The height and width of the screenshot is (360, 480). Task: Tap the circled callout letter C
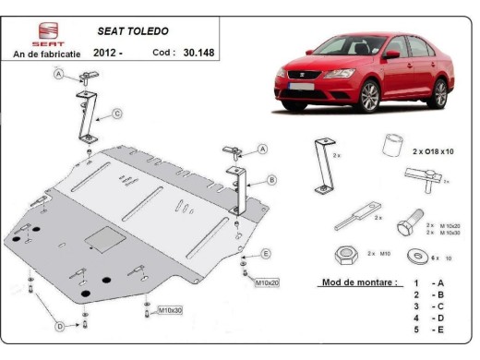[117, 114]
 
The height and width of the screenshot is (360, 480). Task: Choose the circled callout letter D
[59, 326]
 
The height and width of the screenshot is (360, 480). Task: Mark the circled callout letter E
[266, 253]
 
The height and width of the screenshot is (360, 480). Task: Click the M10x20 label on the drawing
[267, 281]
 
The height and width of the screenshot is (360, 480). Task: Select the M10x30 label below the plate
[170, 310]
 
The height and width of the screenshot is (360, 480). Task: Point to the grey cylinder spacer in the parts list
[393, 146]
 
